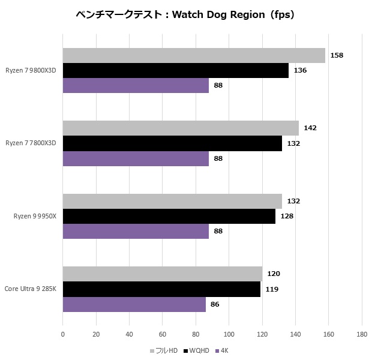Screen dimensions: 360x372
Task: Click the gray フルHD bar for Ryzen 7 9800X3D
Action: tap(194, 56)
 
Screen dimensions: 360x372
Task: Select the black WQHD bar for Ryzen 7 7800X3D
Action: tap(172, 143)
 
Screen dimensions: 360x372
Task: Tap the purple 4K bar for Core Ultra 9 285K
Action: tap(134, 304)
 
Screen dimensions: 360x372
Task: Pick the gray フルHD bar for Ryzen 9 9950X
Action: tap(172, 201)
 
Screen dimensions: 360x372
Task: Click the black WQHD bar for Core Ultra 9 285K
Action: tap(161, 289)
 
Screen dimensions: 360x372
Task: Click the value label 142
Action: tap(310, 128)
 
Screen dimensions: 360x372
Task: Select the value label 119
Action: tap(273, 289)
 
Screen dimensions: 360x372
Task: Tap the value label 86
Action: tap(215, 304)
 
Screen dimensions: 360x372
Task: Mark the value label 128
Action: tap(287, 216)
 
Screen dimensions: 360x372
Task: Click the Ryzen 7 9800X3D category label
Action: tap(31, 70)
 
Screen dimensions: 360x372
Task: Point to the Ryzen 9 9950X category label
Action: tap(35, 216)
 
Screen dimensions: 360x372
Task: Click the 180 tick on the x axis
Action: tap(361, 334)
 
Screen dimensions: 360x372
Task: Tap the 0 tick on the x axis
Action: tap(63, 334)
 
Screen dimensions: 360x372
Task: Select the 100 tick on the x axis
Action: tap(229, 334)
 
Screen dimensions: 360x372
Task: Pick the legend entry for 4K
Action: tap(224, 350)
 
